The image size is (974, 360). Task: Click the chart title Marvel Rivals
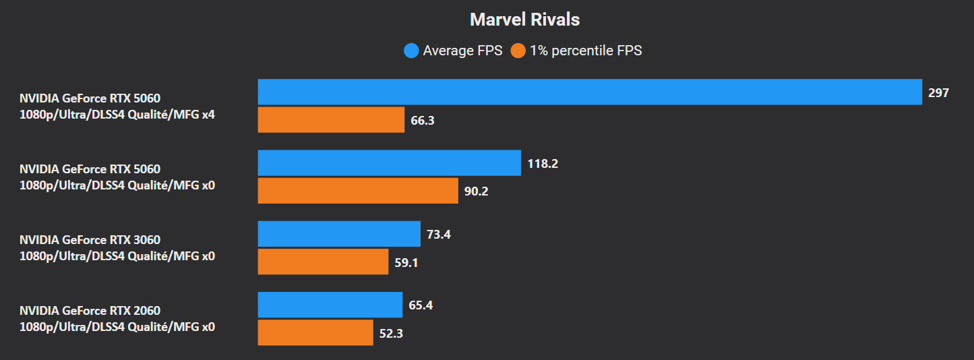(x=524, y=20)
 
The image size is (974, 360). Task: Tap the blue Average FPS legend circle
(x=411, y=51)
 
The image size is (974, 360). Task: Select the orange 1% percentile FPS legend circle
(x=518, y=51)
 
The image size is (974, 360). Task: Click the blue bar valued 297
(x=589, y=92)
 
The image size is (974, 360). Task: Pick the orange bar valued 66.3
(x=331, y=120)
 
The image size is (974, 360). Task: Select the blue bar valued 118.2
(x=389, y=162)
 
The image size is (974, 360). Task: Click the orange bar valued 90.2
(x=358, y=191)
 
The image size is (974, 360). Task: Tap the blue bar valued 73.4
(x=339, y=234)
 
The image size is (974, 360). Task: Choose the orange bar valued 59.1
(x=324, y=262)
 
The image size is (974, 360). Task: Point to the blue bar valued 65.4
(x=330, y=305)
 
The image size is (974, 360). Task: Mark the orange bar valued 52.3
(x=315, y=332)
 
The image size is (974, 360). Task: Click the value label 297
(x=938, y=93)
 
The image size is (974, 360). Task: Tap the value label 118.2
(x=543, y=164)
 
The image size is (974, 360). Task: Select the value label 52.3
(x=391, y=333)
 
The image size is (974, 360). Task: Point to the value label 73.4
(x=439, y=235)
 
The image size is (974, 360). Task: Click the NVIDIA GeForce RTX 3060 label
(x=90, y=240)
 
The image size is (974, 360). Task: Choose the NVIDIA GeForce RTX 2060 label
(x=90, y=311)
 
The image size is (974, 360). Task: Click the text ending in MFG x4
(x=117, y=115)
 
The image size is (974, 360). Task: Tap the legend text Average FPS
(x=462, y=51)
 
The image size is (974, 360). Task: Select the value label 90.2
(x=477, y=191)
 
